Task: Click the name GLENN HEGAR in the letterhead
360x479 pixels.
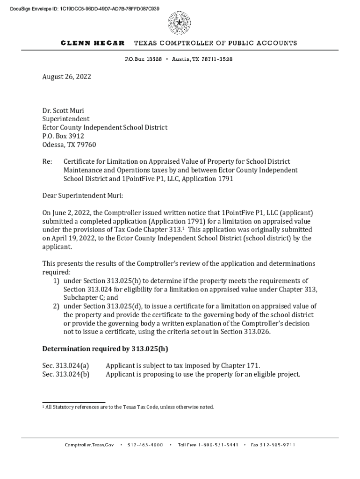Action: (x=93, y=43)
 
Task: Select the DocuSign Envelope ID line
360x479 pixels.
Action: (x=81, y=9)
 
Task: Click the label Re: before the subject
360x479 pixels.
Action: (x=47, y=161)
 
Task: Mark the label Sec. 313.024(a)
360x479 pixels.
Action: (x=65, y=365)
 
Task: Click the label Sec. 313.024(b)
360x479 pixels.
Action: (x=65, y=374)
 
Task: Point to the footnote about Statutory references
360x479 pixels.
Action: (x=129, y=407)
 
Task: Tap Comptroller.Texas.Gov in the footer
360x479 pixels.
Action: (x=89, y=445)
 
